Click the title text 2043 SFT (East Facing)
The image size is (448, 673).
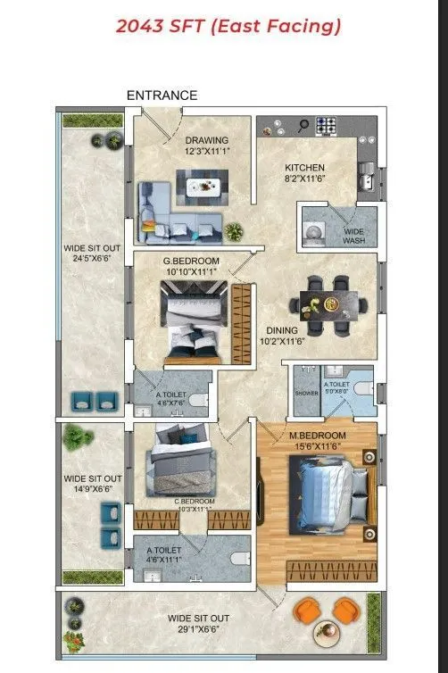tap(228, 27)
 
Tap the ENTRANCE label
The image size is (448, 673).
tap(162, 96)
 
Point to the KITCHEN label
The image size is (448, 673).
tap(304, 168)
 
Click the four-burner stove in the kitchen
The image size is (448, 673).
tap(327, 126)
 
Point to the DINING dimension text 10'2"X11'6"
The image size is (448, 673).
tap(282, 340)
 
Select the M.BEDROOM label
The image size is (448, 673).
tap(317, 436)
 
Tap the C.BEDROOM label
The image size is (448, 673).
tap(195, 502)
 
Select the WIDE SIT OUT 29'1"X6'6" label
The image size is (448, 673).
tap(199, 624)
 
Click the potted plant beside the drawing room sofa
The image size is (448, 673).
tap(234, 231)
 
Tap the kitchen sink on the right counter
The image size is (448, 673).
tap(366, 179)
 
